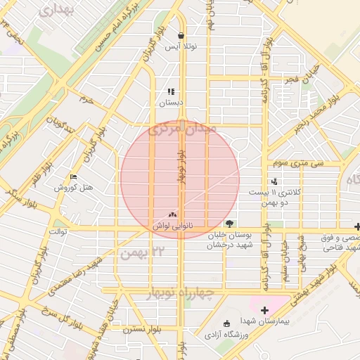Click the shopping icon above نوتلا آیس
tap(181, 36)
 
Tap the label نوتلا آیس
tap(181, 47)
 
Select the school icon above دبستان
tap(170, 91)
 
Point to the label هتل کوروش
tap(72, 188)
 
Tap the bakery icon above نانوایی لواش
tap(173, 214)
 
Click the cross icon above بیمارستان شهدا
tap(264, 310)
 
